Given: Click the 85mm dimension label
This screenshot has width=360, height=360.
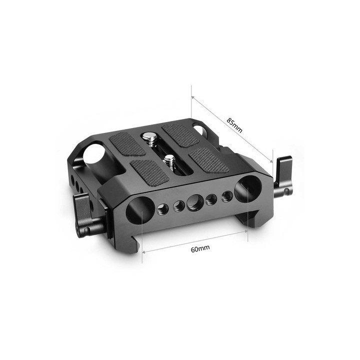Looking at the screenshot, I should click(x=234, y=123).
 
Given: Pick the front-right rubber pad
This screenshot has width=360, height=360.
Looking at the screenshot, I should click(x=209, y=159).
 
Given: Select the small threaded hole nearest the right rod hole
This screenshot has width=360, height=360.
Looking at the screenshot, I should click(x=227, y=195).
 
